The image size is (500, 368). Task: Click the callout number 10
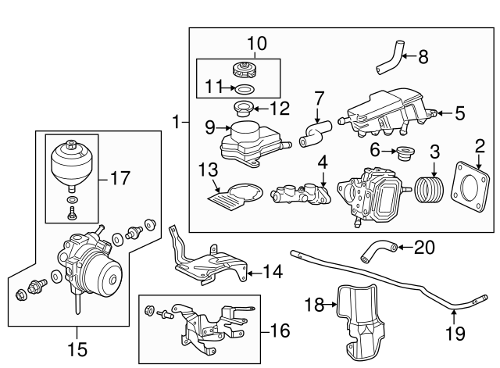[257, 44]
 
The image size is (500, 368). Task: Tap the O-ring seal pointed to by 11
[245, 89]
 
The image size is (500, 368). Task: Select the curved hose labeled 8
[390, 58]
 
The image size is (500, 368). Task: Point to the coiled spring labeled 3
[429, 191]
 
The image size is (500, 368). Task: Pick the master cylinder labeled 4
[301, 195]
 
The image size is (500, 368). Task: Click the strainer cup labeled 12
[244, 109]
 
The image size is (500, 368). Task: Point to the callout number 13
[209, 170]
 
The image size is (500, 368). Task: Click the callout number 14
[273, 272]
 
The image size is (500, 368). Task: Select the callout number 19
[455, 333]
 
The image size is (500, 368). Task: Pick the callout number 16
[280, 330]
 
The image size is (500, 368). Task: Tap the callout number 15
[77, 349]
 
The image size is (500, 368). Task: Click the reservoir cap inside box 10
[244, 70]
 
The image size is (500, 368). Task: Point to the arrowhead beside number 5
[441, 113]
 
